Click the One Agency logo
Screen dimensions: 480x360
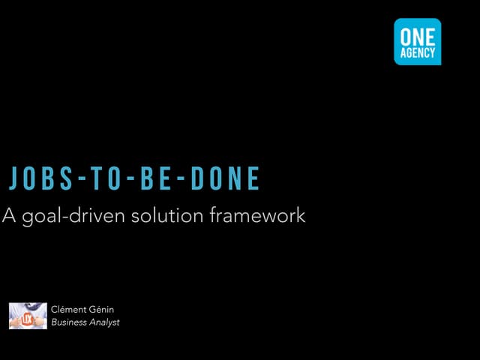coord(418,42)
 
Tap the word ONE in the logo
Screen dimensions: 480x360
coord(418,37)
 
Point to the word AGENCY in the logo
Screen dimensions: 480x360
coord(418,52)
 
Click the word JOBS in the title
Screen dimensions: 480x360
coord(40,178)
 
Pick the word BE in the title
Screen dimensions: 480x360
coord(155,178)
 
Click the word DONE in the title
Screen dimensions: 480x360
coord(225,178)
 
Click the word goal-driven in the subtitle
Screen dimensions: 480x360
coord(73,216)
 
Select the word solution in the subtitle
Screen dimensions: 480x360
coord(167,215)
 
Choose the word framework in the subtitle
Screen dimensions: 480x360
coord(257,215)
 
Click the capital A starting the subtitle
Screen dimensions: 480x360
coord(9,215)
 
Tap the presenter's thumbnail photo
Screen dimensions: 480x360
coord(28,316)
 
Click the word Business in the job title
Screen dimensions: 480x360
coord(69,322)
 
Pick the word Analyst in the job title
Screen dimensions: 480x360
coord(104,322)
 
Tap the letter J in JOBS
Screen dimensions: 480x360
coord(13,178)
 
